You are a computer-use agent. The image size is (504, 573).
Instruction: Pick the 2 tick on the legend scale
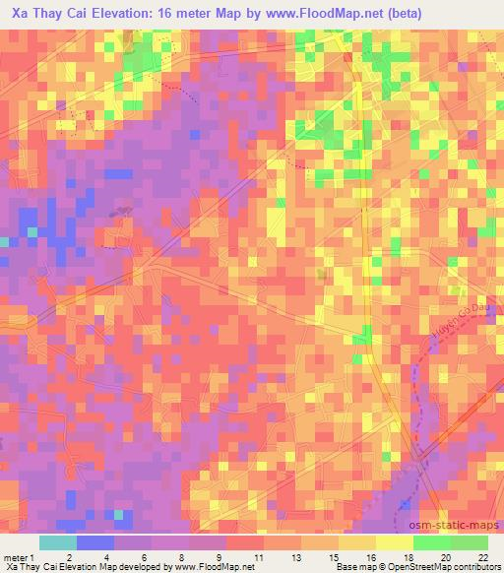coord(68,556)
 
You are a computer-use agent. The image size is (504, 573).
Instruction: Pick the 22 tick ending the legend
coord(483,556)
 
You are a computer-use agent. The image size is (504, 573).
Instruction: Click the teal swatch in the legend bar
coord(58,542)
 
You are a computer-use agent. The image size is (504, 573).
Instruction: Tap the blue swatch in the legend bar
coord(95,542)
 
